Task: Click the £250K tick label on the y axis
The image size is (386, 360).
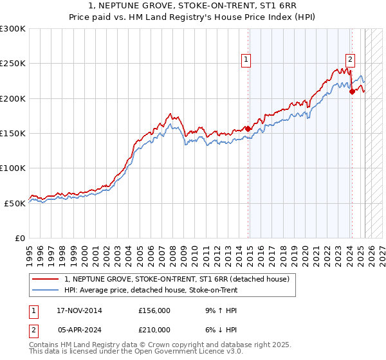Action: (x=13, y=64)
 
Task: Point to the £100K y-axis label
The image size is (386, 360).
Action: (x=13, y=168)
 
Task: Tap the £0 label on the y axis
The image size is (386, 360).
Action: (x=20, y=238)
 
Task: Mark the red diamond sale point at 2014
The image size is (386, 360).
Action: (x=248, y=129)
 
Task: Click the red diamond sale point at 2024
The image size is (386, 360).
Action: (x=352, y=91)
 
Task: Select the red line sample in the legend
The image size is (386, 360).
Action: (x=46, y=279)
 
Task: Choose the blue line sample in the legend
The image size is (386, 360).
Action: (x=46, y=290)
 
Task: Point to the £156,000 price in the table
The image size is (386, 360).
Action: (x=154, y=310)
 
